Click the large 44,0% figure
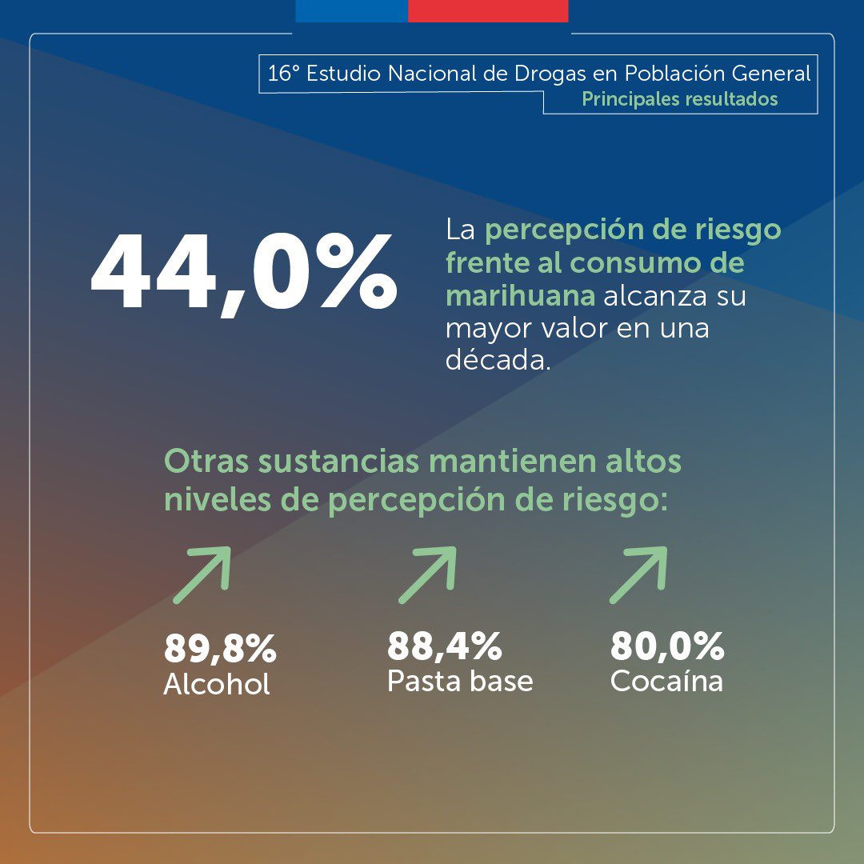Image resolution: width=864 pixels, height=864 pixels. click(x=243, y=273)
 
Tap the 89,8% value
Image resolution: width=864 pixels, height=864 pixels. click(x=220, y=650)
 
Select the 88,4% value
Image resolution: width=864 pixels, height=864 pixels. click(x=444, y=646)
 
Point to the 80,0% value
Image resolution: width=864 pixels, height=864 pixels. click(x=666, y=646)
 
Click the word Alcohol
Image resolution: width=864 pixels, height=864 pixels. click(x=216, y=685)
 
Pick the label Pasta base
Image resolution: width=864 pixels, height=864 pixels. click(x=459, y=681)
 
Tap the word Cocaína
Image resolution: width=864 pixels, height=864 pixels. click(x=666, y=681)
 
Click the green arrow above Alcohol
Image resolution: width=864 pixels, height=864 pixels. click(x=202, y=574)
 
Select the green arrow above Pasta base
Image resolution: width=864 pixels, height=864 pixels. click(x=427, y=574)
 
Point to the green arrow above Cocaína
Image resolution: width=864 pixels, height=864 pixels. click(x=638, y=574)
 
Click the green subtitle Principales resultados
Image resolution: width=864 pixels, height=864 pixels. click(x=679, y=100)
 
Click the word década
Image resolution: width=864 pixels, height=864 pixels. click(x=498, y=361)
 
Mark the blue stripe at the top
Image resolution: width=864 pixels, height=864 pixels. click(x=351, y=10)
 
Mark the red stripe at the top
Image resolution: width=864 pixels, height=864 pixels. click(x=488, y=10)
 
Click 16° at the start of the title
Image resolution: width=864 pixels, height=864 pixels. click(x=282, y=74)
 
